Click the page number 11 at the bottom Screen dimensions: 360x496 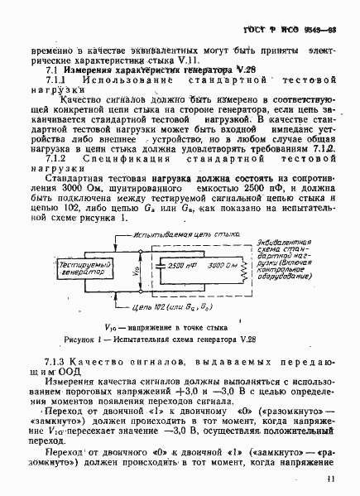pos(331,479)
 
